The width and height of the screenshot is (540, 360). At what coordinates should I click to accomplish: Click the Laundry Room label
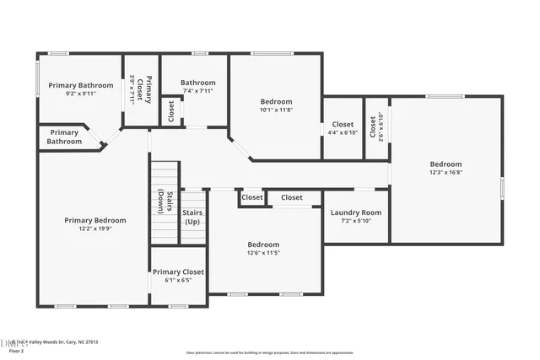(355, 213)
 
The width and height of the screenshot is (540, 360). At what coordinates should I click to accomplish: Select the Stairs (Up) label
(192, 218)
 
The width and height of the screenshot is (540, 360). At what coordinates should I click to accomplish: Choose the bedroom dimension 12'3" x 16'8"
(445, 172)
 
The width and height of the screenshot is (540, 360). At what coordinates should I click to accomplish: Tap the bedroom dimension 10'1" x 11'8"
(275, 110)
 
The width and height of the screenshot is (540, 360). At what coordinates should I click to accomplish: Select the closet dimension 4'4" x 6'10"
(343, 132)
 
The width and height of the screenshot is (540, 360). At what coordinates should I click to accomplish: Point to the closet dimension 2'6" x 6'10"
(381, 127)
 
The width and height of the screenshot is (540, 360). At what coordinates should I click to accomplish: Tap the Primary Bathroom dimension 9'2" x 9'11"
(80, 94)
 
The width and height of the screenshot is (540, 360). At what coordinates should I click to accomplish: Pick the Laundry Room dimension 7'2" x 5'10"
(355, 221)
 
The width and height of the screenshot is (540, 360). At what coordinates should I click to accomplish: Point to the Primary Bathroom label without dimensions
(65, 137)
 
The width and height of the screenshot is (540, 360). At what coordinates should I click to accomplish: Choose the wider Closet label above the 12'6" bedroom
(292, 197)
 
